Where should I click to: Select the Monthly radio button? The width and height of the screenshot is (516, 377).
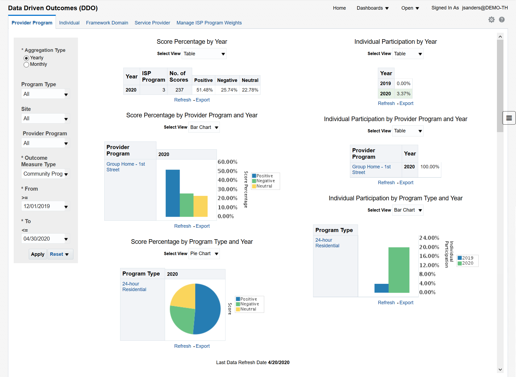26,65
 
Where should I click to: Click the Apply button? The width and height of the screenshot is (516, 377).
38,254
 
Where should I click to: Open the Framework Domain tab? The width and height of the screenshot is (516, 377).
107,23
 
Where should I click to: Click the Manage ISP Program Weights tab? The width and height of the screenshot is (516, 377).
209,23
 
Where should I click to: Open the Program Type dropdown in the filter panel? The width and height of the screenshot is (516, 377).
45,94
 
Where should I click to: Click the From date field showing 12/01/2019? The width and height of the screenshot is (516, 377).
43,206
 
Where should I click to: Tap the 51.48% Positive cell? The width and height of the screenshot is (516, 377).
204,90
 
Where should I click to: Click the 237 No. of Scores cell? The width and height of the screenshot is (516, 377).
179,90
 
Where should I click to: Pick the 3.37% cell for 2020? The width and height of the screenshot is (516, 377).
403,94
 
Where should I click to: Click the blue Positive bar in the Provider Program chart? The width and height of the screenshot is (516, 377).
173,193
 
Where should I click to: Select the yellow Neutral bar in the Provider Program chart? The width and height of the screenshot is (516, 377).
200,206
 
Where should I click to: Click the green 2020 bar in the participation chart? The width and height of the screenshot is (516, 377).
399,270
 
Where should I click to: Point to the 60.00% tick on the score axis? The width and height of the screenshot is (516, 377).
227,162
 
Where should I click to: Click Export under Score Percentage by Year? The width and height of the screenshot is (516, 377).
203,100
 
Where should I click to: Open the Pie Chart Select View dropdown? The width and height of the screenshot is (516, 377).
204,253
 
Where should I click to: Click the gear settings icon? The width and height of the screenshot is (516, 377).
491,20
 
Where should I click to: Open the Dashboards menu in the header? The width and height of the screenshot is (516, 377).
372,8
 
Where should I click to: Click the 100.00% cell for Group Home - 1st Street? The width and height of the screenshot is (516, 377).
429,167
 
